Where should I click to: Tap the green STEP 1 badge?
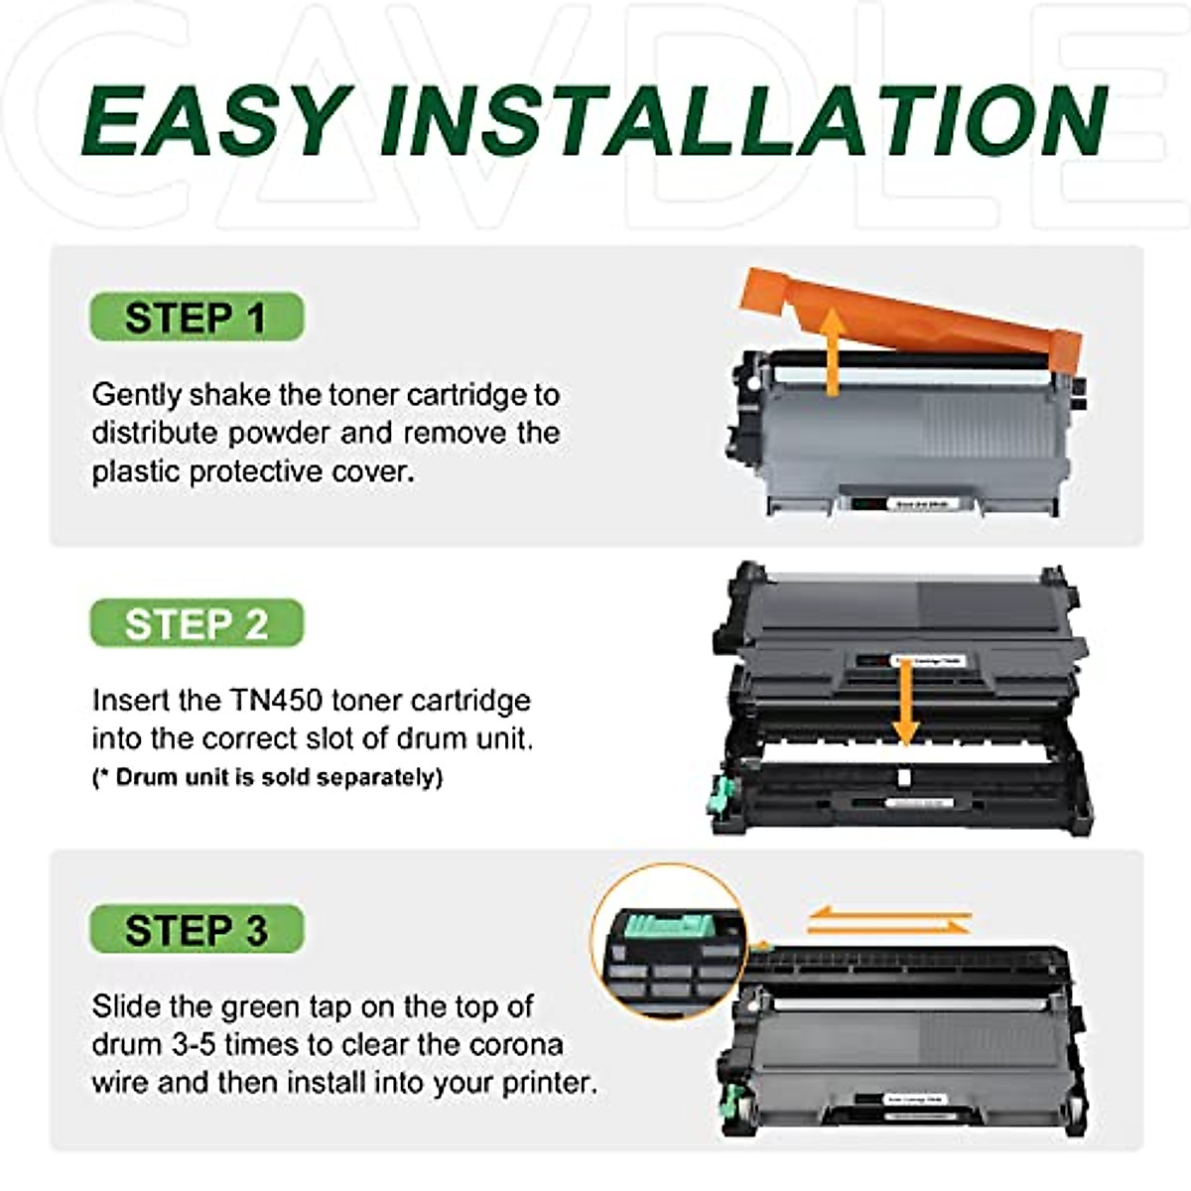click(x=196, y=318)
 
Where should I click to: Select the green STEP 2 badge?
click(x=196, y=624)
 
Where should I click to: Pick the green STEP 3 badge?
click(x=196, y=930)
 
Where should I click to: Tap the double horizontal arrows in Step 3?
click(x=888, y=922)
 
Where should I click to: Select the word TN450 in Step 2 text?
click(x=277, y=701)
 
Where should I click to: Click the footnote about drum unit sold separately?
click(x=266, y=777)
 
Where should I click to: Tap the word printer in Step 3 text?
click(x=548, y=1082)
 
